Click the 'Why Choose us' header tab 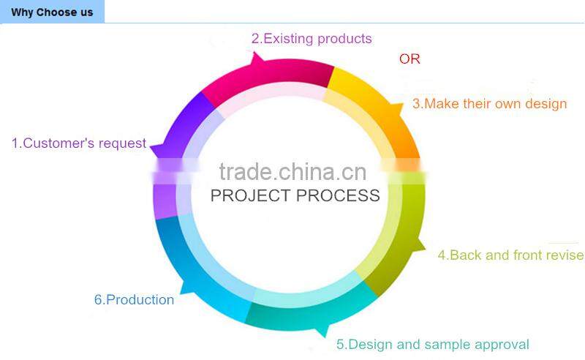52,12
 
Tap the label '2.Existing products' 312,39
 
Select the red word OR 409,59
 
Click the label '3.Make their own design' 489,104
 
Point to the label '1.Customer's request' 79,143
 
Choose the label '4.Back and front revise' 510,255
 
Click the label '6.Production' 134,300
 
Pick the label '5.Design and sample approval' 432,345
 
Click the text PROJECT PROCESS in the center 295,195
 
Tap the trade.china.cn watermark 292,172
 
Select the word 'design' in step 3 546,104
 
